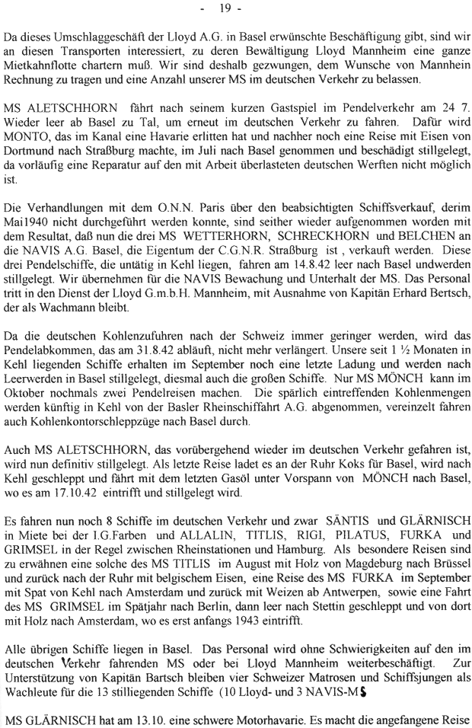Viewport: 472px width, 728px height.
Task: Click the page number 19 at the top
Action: tap(234, 9)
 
